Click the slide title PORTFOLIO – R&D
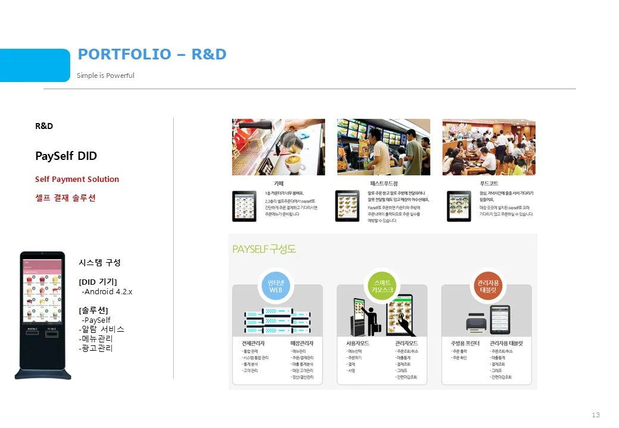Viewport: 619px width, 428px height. click(x=152, y=55)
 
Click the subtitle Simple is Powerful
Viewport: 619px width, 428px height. click(x=105, y=75)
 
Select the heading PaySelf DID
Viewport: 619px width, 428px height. click(x=66, y=156)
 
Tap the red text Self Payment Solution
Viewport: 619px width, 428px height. click(x=77, y=180)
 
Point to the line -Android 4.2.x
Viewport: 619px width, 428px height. click(x=107, y=292)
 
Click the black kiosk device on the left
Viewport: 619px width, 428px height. click(x=42, y=315)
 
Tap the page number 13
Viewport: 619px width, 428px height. click(x=596, y=415)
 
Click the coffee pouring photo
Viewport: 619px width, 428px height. click(x=278, y=147)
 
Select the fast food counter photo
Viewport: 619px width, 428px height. click(x=383, y=147)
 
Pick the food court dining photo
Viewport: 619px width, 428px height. click(x=489, y=147)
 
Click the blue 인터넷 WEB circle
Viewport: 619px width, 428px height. click(x=276, y=287)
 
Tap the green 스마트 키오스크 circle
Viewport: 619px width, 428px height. click(x=382, y=287)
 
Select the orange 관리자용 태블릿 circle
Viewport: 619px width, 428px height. click(x=488, y=287)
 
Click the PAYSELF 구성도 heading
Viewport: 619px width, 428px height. click(x=264, y=248)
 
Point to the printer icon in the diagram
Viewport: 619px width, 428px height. click(x=476, y=323)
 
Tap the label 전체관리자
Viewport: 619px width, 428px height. click(x=253, y=343)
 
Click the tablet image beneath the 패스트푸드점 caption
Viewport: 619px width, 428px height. click(x=347, y=206)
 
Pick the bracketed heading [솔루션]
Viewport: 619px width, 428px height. click(x=93, y=310)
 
